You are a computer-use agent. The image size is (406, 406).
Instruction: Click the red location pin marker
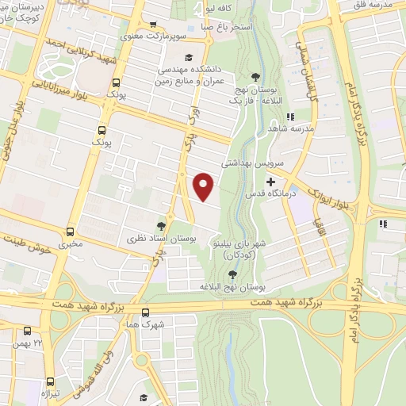click(x=204, y=186)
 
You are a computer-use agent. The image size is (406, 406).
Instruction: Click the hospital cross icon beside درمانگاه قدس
click(x=270, y=182)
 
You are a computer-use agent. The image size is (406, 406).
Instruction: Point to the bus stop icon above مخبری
click(x=70, y=232)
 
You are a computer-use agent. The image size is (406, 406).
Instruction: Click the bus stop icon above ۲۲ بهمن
click(x=29, y=331)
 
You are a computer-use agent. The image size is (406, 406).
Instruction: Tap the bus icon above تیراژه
click(x=50, y=381)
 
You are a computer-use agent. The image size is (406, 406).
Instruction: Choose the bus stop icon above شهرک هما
click(x=145, y=312)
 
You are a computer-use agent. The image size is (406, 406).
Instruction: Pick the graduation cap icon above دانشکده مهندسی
click(x=188, y=57)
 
